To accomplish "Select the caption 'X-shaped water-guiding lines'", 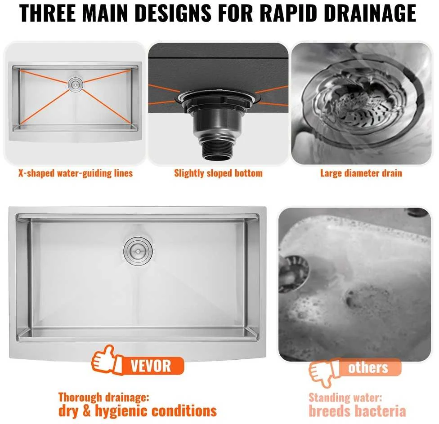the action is click(x=76, y=173).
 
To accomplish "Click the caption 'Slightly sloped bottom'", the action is click(x=219, y=173).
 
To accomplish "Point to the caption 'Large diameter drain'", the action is click(x=361, y=173).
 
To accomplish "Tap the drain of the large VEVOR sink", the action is click(x=138, y=251).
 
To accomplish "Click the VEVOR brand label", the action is click(x=151, y=366).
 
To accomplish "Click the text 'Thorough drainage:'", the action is click(x=104, y=397).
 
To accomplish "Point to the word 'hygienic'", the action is click(x=122, y=411).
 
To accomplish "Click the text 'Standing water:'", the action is click(x=345, y=397).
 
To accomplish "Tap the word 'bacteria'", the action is click(x=381, y=411).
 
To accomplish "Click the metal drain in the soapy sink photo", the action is click(x=294, y=274).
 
